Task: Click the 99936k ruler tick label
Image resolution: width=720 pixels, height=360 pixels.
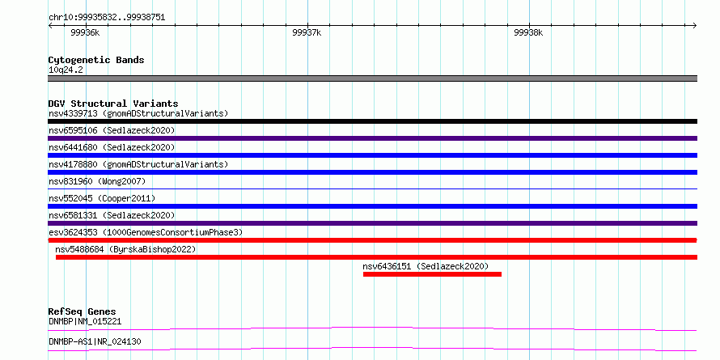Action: coord(85,33)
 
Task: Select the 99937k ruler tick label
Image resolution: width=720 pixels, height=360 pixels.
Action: coord(307,33)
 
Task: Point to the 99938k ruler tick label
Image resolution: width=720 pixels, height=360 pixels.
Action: coord(528,33)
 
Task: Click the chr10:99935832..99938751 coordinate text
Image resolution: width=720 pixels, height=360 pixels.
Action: coord(107,17)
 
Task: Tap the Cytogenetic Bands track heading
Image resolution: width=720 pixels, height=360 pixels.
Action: coord(96,60)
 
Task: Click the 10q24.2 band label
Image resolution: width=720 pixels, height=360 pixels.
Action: coord(66,70)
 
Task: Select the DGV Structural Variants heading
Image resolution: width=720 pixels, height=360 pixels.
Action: coord(113,104)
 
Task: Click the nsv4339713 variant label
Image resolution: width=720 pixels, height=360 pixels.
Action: coord(138,113)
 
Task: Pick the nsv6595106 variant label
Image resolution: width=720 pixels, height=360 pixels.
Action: coord(112,130)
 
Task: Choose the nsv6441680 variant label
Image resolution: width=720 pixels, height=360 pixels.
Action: coord(112,147)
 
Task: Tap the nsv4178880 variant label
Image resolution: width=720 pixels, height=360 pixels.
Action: coord(138,164)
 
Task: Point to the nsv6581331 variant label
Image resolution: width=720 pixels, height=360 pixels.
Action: coord(112,215)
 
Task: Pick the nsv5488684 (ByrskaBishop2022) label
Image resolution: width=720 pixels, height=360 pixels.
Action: coord(125,249)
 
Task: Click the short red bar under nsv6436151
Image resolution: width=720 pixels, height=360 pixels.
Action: coord(432,274)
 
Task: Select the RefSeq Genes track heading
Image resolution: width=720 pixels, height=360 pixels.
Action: coord(82,311)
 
